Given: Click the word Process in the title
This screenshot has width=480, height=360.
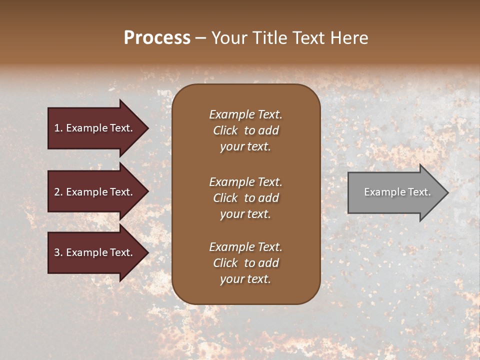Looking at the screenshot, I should pyautogui.click(x=157, y=38).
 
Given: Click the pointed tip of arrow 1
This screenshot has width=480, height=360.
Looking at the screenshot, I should pyautogui.click(x=147, y=128).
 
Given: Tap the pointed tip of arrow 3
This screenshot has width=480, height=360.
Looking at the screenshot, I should pyautogui.click(x=147, y=252).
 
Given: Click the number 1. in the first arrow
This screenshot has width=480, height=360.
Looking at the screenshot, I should pyautogui.click(x=58, y=128).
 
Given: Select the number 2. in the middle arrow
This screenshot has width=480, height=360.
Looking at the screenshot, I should pyautogui.click(x=58, y=192).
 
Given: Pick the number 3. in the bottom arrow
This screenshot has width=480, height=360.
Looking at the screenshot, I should pyautogui.click(x=58, y=252).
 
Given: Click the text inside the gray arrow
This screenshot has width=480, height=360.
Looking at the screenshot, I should pyautogui.click(x=397, y=192).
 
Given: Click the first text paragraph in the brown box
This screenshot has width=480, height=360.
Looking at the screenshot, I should pyautogui.click(x=245, y=130).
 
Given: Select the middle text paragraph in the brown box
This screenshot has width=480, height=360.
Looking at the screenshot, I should pyautogui.click(x=245, y=198).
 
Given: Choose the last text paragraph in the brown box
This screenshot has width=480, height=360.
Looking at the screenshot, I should pyautogui.click(x=245, y=263).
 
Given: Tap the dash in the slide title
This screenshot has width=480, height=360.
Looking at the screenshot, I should pyautogui.click(x=200, y=38).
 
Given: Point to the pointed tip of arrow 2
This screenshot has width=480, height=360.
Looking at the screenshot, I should pyautogui.click(x=147, y=192).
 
